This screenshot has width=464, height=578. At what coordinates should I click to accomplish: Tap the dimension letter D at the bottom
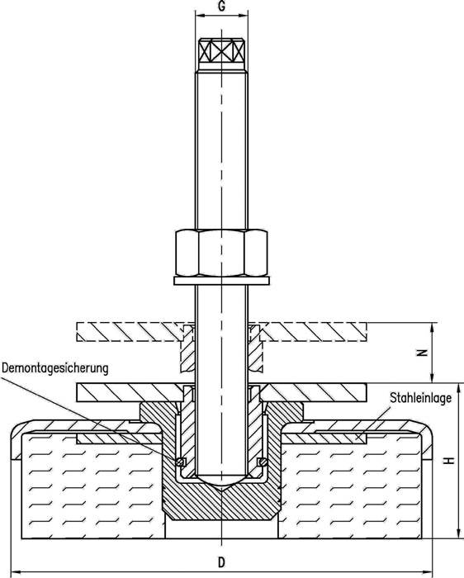tap(220, 561)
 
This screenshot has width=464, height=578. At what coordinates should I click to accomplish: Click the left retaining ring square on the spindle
tap(180, 461)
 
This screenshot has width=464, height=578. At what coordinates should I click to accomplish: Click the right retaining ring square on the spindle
tap(262, 461)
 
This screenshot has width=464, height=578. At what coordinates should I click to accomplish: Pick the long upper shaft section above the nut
tap(220, 149)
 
